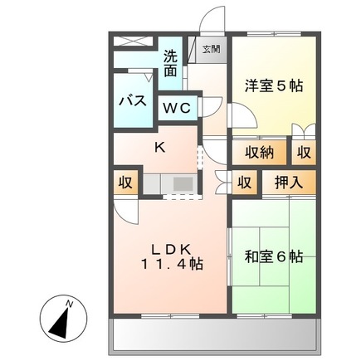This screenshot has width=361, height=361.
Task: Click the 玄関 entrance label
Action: (x=212, y=49)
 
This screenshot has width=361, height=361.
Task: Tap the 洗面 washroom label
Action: (x=170, y=64)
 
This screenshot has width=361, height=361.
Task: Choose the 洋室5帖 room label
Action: (x=272, y=85)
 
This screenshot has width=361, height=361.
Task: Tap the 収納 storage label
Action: (x=259, y=152)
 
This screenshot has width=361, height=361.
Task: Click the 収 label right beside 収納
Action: (x=304, y=152)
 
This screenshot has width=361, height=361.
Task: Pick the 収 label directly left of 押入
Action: (x=244, y=183)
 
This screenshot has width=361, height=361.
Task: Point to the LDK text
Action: (x=172, y=247)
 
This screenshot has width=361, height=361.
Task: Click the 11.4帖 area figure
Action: (x=172, y=264)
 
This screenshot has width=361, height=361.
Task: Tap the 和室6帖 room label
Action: (x=273, y=256)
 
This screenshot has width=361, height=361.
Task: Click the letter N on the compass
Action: (x=70, y=305)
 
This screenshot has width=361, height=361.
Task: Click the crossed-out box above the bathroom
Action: (x=133, y=43)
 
